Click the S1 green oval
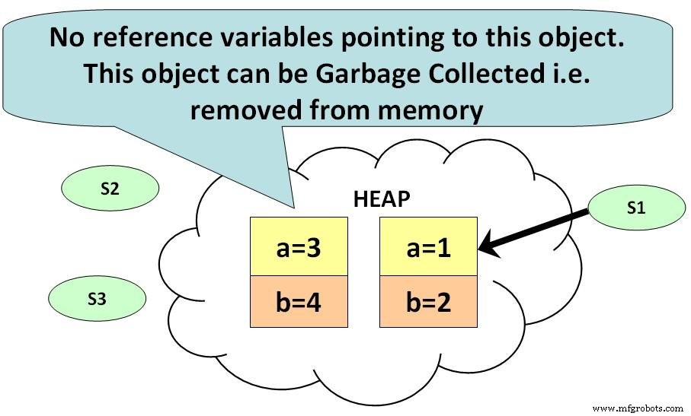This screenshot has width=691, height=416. [x=636, y=206]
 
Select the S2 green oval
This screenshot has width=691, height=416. [x=110, y=189]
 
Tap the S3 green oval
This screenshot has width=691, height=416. [x=96, y=298]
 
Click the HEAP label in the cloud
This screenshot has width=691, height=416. [x=382, y=198]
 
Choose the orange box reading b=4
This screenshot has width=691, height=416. [x=299, y=302]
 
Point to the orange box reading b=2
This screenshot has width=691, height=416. [x=428, y=302]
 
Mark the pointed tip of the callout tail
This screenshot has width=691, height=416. [x=293, y=206]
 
